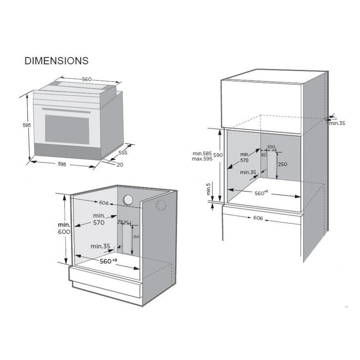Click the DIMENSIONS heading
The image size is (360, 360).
coord(57,61)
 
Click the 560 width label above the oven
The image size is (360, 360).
coord(87,80)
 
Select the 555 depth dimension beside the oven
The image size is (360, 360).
coord(123,153)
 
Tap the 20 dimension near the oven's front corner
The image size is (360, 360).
coord(120,165)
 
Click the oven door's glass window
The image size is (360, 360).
coord(67,128)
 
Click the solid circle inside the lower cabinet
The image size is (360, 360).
coord(128,200)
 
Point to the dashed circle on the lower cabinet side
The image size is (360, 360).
coord(161,205)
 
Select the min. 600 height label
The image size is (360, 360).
coord(64,228)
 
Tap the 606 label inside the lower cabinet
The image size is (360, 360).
coord(104,203)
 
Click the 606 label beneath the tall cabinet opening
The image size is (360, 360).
coord(258,218)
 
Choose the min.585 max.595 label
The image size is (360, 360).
coord(203,156)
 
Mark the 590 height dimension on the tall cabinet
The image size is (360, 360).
coord(218,155)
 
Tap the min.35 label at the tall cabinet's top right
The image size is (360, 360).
coord(337,123)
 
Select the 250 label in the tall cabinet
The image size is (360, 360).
coord(282,164)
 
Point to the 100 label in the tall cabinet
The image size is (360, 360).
coord(271,147)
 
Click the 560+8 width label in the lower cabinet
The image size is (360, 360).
coord(108,261)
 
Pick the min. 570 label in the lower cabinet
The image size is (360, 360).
coord(99,219)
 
